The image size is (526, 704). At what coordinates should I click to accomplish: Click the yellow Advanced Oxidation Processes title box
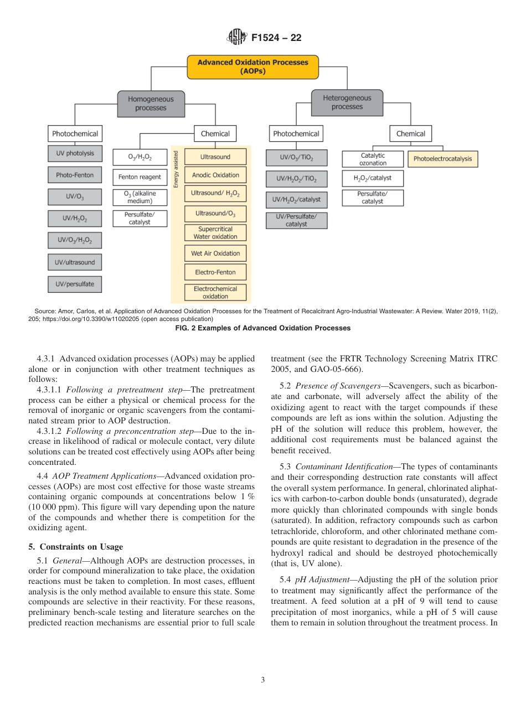(x=253, y=67)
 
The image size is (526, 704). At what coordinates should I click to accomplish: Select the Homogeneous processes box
(x=151, y=103)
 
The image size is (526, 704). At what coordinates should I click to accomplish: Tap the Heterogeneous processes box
(x=347, y=102)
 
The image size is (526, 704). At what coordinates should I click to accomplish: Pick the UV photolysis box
(x=75, y=153)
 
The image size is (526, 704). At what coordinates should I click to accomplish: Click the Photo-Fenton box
(x=75, y=175)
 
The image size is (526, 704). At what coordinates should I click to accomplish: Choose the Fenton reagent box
(x=140, y=177)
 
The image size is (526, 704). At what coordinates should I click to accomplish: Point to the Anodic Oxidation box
(x=215, y=175)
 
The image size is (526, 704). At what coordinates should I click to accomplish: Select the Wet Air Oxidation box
(x=215, y=253)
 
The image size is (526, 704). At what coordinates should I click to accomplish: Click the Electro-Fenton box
(x=215, y=272)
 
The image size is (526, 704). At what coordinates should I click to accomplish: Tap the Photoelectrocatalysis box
(x=443, y=159)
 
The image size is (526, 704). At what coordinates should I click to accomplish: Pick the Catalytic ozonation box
(x=373, y=159)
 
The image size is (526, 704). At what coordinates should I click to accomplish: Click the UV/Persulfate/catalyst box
(x=296, y=220)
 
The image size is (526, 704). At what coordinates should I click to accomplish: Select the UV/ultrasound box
(x=75, y=262)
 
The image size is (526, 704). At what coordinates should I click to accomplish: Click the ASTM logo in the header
(x=236, y=38)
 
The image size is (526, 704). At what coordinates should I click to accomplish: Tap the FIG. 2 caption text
(x=262, y=328)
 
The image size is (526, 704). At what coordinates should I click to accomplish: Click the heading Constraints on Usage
(x=76, y=547)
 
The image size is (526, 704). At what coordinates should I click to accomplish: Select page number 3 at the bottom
(x=262, y=680)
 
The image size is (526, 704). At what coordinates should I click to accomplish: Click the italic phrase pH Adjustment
(x=314, y=579)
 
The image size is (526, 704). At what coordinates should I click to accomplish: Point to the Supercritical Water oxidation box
(x=215, y=232)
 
